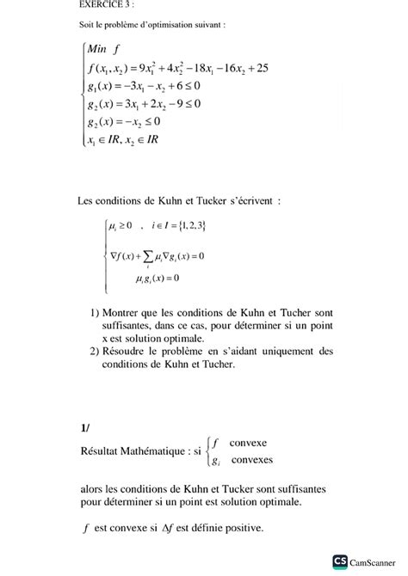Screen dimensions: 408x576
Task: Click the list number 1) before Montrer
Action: [x=95, y=313]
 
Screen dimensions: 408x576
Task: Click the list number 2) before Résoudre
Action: [x=95, y=351]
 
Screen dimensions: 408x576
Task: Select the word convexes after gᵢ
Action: [x=251, y=460]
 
